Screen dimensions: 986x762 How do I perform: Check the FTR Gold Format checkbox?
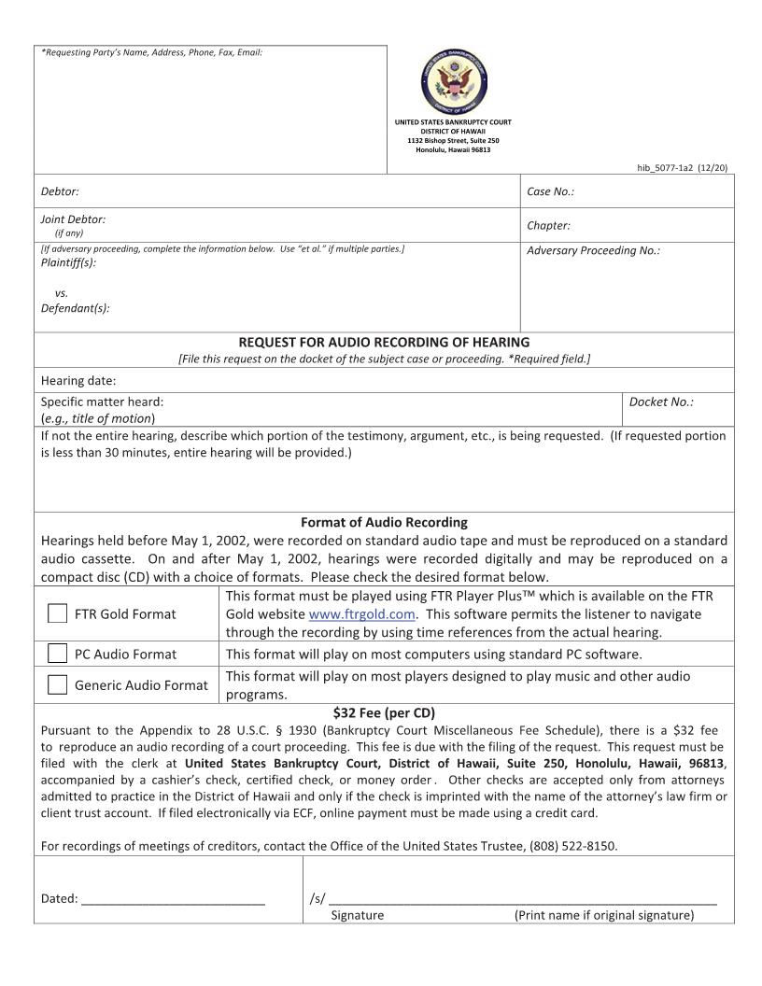tap(58, 613)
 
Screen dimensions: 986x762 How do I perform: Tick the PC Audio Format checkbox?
tap(58, 654)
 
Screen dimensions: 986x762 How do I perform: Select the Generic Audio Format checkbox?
tap(58, 684)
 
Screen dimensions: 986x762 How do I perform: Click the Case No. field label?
tap(550, 191)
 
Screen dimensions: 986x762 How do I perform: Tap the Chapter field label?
tap(548, 225)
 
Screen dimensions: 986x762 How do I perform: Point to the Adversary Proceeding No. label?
tap(593, 251)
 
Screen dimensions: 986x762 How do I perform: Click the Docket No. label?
tap(661, 401)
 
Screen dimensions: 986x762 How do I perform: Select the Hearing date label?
tap(78, 380)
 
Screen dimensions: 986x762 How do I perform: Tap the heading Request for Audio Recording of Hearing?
tap(384, 343)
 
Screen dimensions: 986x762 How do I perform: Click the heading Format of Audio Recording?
tap(384, 522)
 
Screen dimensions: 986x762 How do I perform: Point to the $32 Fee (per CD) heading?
tap(384, 711)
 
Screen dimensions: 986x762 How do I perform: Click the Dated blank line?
tap(173, 900)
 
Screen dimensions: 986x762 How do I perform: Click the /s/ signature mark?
tap(317, 898)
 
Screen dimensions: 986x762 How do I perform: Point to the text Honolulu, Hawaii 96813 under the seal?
tap(453, 149)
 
